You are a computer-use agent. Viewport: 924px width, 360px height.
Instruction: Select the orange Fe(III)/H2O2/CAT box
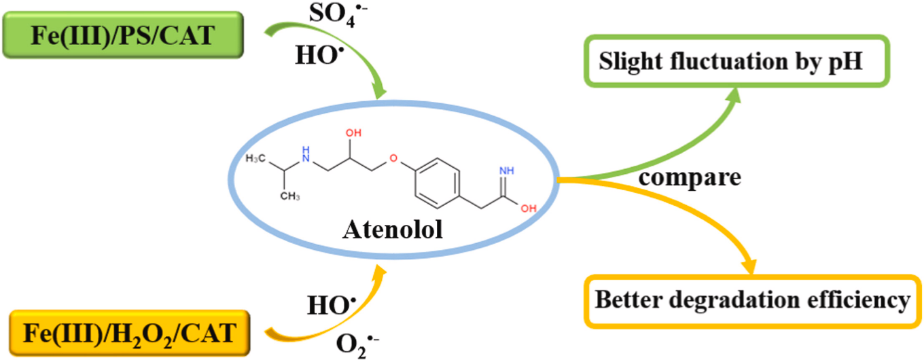[130, 333]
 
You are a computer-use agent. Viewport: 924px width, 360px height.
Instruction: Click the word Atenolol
[393, 230]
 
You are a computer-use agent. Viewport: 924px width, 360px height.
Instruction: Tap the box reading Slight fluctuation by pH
[730, 61]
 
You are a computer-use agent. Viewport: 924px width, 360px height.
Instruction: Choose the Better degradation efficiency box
[751, 300]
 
